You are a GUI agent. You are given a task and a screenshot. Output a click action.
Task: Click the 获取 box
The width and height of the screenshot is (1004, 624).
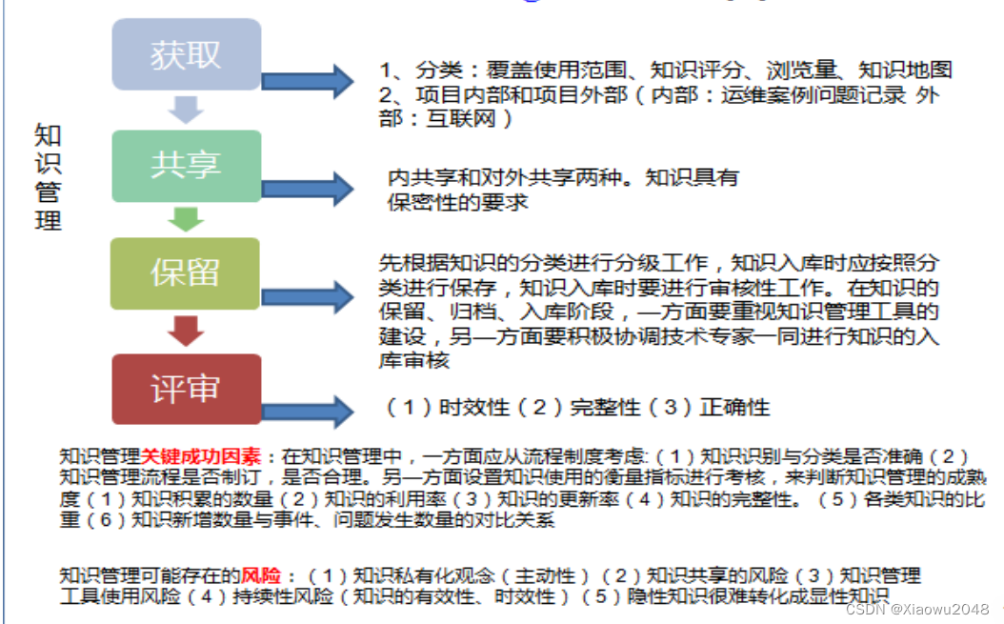[x=186, y=54]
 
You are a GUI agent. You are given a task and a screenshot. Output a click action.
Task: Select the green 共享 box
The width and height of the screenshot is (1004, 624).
[x=186, y=166]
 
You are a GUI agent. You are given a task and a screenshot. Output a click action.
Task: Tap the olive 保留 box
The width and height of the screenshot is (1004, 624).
[x=186, y=274]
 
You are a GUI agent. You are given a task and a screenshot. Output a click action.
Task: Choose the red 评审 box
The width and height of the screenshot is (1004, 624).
[x=186, y=389]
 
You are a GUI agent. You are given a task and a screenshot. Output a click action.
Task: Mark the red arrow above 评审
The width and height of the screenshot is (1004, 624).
[x=186, y=332]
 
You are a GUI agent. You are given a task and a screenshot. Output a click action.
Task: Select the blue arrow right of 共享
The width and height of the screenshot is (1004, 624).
[x=307, y=186]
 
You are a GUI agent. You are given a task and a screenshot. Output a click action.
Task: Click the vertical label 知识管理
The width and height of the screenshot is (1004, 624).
[x=48, y=176]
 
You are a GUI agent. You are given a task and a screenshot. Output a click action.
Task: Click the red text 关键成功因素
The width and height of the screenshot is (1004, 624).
[x=203, y=455]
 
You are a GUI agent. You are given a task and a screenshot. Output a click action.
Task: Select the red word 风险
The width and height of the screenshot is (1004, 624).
[x=263, y=576]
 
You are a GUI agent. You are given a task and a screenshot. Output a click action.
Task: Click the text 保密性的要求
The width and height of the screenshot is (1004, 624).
[x=457, y=202]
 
